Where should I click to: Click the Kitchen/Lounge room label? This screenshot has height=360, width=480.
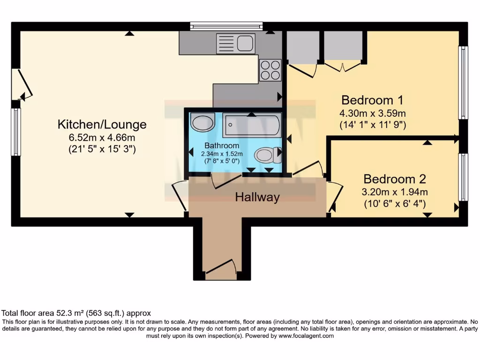(102, 124)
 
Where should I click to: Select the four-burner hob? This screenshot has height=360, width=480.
(270, 70)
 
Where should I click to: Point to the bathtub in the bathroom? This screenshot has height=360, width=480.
(252, 125)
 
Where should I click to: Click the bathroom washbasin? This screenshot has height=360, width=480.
(203, 123)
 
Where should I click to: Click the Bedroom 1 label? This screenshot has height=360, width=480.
(372, 100)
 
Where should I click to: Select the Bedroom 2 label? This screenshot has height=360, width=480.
(395, 179)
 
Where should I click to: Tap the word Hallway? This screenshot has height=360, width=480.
(257, 197)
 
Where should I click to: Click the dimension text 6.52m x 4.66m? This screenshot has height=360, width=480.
(102, 138)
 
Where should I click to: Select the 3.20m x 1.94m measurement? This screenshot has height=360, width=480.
(395, 192)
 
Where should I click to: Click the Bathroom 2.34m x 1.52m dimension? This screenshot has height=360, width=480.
(222, 154)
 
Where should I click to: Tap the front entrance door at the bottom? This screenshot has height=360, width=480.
(220, 269)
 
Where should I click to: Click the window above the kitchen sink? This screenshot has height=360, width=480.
(226, 26)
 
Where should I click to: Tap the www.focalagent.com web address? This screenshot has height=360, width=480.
(306, 336)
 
